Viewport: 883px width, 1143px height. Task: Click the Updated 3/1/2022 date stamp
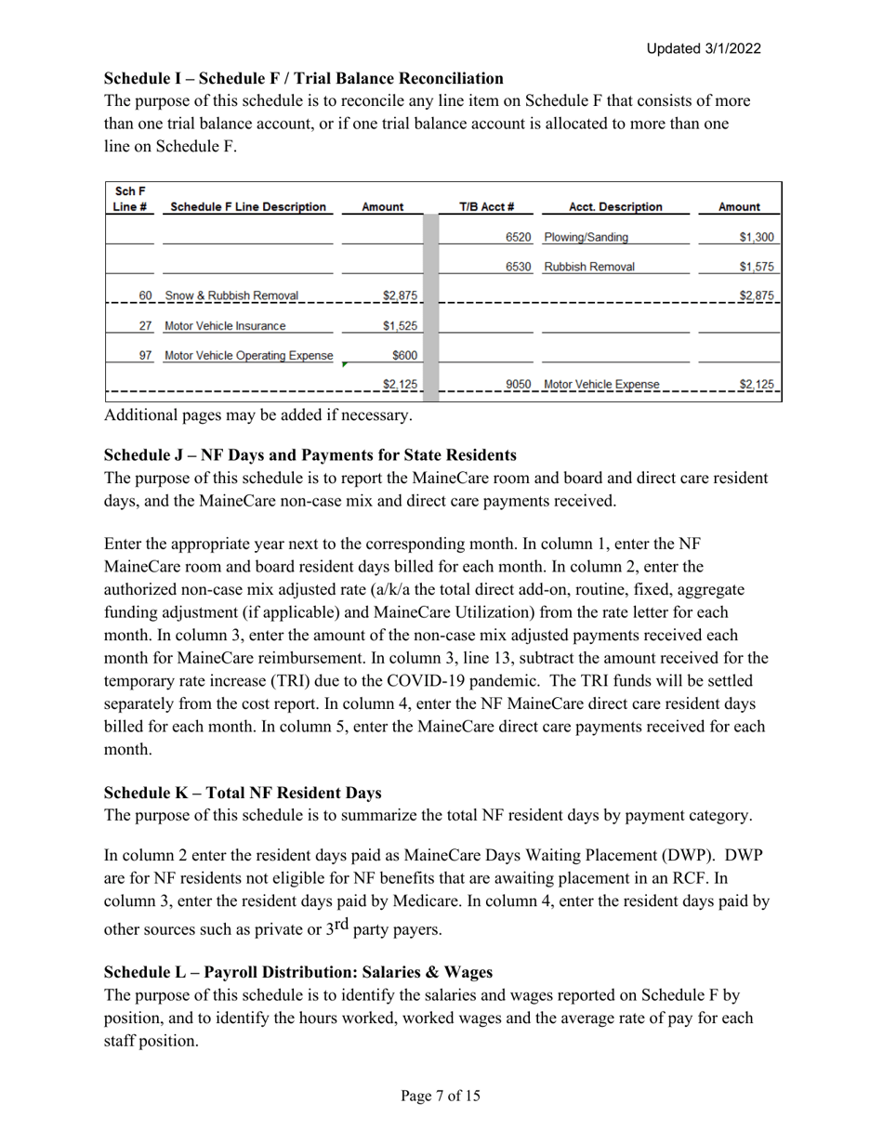pyautogui.click(x=704, y=48)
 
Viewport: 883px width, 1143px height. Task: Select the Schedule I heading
pyautogui.click(x=303, y=78)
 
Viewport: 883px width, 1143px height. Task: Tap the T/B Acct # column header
pyautogui.click(x=487, y=207)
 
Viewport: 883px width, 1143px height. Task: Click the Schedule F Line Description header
pyautogui.click(x=248, y=207)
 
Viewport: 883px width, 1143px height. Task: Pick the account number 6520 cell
pyautogui.click(x=518, y=237)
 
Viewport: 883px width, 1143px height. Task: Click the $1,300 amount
pyautogui.click(x=756, y=237)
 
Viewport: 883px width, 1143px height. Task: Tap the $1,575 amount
pyautogui.click(x=756, y=267)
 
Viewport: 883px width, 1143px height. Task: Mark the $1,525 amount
pyautogui.click(x=400, y=325)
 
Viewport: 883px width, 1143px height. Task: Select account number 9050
pyautogui.click(x=518, y=384)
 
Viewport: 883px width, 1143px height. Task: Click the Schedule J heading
pyautogui.click(x=310, y=455)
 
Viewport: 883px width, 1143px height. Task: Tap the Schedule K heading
pyautogui.click(x=243, y=793)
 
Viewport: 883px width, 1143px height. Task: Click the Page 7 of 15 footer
pyautogui.click(x=441, y=1096)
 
